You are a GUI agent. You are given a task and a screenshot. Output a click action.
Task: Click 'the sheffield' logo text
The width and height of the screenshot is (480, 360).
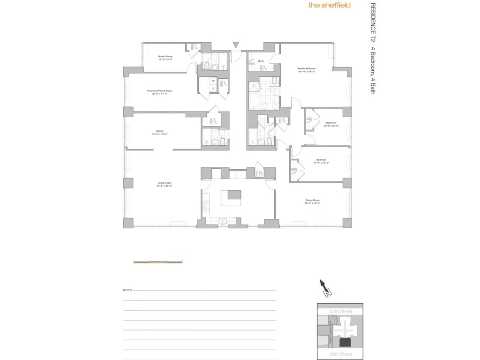pos(329,6)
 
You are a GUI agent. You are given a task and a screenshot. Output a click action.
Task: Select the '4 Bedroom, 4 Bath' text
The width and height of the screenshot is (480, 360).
pos(373,69)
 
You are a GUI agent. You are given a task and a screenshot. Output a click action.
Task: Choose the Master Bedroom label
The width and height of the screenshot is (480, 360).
pos(306,70)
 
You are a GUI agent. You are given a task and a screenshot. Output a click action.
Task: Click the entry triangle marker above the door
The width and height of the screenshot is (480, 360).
pos(236,45)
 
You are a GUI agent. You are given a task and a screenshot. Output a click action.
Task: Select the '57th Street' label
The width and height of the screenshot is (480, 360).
pos(341,311)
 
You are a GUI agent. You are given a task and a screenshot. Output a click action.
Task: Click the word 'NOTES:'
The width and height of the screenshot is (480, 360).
pos(127,290)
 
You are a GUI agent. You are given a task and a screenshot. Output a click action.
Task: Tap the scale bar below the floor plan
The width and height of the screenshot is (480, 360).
pos(158,262)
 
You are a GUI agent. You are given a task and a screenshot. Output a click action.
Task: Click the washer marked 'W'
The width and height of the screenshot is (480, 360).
pos(213,81)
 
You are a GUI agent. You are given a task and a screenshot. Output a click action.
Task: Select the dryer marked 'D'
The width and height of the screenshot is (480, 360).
pos(213,88)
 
